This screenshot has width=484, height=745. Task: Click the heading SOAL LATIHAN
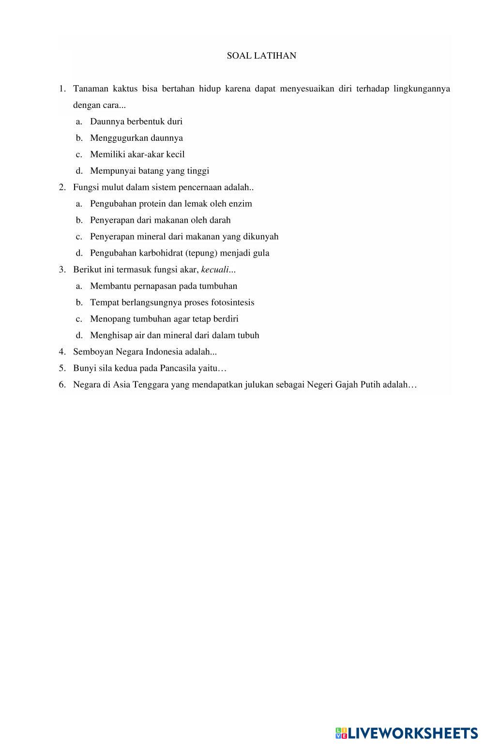click(x=261, y=56)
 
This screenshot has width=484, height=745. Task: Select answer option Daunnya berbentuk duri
click(x=136, y=122)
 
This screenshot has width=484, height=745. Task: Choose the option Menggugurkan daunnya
click(x=136, y=138)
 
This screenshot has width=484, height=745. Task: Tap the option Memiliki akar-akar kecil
click(x=137, y=154)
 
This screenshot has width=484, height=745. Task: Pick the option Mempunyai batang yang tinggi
click(x=150, y=171)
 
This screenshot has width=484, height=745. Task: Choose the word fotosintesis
click(x=232, y=303)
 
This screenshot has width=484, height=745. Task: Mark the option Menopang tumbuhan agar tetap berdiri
click(x=164, y=319)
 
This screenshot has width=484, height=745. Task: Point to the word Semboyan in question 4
click(x=93, y=352)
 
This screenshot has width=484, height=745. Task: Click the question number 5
click(x=62, y=368)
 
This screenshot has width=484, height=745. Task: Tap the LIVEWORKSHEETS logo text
click(x=412, y=733)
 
